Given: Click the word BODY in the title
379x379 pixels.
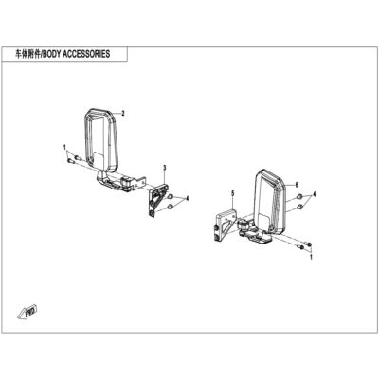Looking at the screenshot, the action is [52, 54].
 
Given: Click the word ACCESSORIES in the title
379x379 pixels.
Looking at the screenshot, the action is [86, 54].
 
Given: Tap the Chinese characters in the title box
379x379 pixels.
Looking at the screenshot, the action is [28, 54].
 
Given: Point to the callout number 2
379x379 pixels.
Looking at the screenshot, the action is [123, 114].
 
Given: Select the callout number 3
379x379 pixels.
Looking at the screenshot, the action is [165, 168].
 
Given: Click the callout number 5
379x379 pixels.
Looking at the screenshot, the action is [233, 193].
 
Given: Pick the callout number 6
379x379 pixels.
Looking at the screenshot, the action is [297, 185].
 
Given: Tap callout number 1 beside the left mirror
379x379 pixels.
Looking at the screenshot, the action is [64, 147].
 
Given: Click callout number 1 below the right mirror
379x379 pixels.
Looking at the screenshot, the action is [311, 258].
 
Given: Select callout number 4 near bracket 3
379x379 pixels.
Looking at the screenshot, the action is [188, 198].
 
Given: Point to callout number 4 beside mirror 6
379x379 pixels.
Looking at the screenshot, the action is [315, 193].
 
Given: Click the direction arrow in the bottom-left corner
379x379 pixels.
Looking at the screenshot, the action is [27, 312].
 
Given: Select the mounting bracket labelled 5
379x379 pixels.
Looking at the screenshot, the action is [225, 226].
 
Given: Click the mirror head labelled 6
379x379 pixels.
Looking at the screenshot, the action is [270, 200].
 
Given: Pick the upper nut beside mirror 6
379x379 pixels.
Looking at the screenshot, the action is [299, 197].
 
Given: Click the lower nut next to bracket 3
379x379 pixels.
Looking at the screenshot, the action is [171, 207].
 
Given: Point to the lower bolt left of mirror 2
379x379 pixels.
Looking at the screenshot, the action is [70, 161].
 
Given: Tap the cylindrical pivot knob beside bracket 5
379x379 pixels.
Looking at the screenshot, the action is [244, 225].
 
